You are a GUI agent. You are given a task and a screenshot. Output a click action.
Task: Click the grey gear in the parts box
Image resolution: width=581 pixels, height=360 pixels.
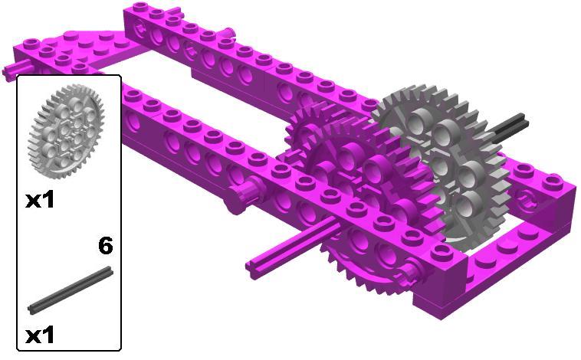pyautogui.click(x=66, y=131)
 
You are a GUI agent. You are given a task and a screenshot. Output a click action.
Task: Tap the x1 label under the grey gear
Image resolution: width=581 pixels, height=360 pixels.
pyautogui.click(x=40, y=201)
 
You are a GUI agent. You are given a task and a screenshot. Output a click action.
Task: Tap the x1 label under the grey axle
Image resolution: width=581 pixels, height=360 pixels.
pyautogui.click(x=40, y=336)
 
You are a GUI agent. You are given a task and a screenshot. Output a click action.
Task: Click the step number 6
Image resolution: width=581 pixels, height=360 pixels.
pyautogui.click(x=106, y=246)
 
